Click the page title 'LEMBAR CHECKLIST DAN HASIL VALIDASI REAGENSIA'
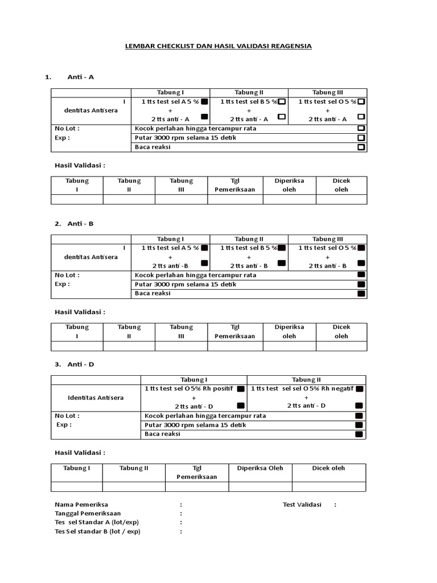click(x=218, y=46)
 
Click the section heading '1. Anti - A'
click(x=69, y=77)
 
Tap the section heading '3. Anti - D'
click(x=74, y=364)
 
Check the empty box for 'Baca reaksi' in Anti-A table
click(x=361, y=147)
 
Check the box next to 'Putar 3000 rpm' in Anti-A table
click(x=361, y=138)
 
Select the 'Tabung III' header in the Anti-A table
click(x=328, y=92)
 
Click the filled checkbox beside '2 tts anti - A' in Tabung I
click(x=204, y=116)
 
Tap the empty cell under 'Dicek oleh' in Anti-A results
click(x=341, y=199)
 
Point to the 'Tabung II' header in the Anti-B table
click(x=249, y=239)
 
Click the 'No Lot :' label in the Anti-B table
click(x=67, y=275)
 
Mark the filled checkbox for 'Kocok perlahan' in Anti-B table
click(x=361, y=275)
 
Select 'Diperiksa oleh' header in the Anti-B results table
click(x=289, y=331)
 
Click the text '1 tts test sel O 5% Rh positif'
click(x=189, y=388)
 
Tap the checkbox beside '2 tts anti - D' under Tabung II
click(x=358, y=405)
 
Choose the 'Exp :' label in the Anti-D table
click(x=64, y=425)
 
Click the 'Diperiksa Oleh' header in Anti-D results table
click(x=259, y=468)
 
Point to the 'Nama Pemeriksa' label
click(x=81, y=504)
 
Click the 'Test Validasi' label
click(x=302, y=504)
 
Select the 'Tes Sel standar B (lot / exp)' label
click(x=97, y=531)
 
